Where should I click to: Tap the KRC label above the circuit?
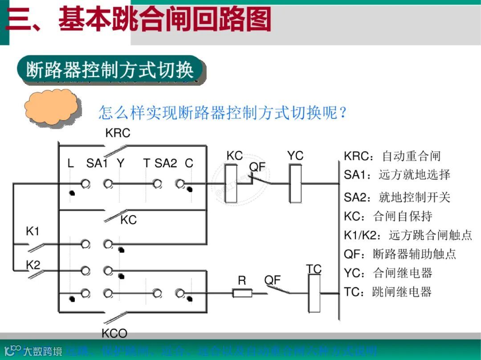point(118,133)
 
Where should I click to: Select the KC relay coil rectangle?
point(231,183)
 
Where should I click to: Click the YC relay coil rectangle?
point(295,183)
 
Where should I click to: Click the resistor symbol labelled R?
point(242,293)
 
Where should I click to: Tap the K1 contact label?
point(33,231)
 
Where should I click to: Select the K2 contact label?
point(33,265)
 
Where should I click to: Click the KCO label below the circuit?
point(114,333)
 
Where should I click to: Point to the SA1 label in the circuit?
point(97,164)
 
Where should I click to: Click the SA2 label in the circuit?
point(166,164)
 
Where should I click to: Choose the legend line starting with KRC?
point(392,156)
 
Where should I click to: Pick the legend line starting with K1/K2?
point(408,235)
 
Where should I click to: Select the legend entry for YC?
point(388,273)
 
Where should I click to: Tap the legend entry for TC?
point(388,292)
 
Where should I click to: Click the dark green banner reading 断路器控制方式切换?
point(110,70)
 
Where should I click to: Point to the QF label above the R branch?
point(273,280)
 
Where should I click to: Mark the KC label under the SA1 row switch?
point(128,220)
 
